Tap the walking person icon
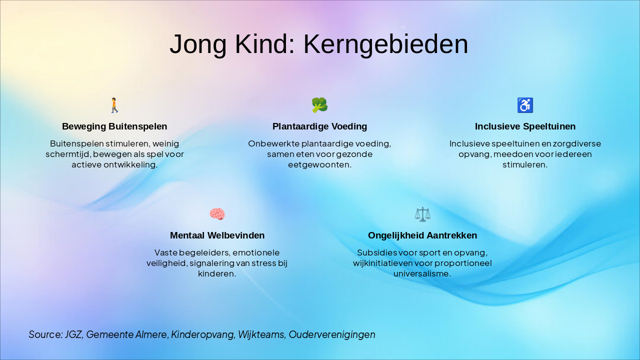pos(114,105)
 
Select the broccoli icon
pos(319,105)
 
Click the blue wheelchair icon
pos(525,105)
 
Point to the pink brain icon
pos(217,214)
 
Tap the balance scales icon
pos(422,214)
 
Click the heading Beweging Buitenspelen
pos(114,126)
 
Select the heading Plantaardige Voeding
pos(319,126)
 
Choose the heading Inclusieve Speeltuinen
pos(525,126)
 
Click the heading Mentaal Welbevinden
pos(217,235)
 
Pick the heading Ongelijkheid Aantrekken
pos(422,235)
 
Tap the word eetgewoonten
pos(319,164)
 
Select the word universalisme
pos(422,273)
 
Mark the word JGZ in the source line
pos(73,334)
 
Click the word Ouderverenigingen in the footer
pos(332,334)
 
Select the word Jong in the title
pos(198,44)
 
